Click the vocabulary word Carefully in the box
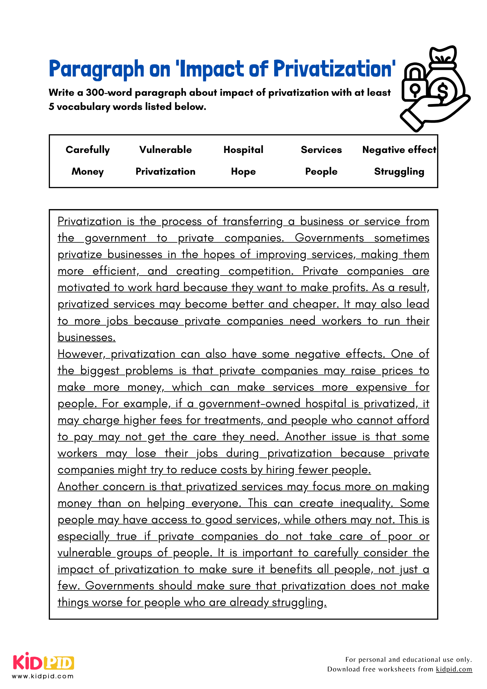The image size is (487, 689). tap(87, 150)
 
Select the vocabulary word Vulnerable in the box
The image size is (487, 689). tap(165, 150)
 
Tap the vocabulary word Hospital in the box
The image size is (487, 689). tap(243, 150)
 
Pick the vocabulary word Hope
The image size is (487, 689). tap(243, 172)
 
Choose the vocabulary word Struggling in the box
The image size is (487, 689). tap(399, 172)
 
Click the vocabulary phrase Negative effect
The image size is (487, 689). tap(399, 150)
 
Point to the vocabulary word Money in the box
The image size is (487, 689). tap(87, 172)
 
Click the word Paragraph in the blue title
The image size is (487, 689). tap(96, 69)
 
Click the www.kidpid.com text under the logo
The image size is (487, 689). tap(43, 676)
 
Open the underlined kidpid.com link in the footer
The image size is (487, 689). tap(454, 669)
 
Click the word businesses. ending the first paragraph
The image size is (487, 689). tap(86, 338)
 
